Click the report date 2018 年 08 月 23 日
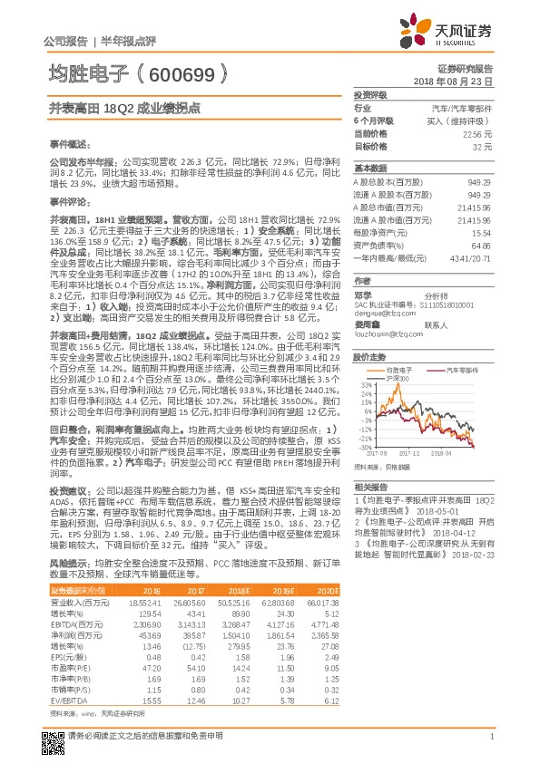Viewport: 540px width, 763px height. (465, 82)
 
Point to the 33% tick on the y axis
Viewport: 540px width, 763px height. (363, 384)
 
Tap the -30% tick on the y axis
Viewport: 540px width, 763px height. (362, 446)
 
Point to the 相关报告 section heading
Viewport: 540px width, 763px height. (368, 487)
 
